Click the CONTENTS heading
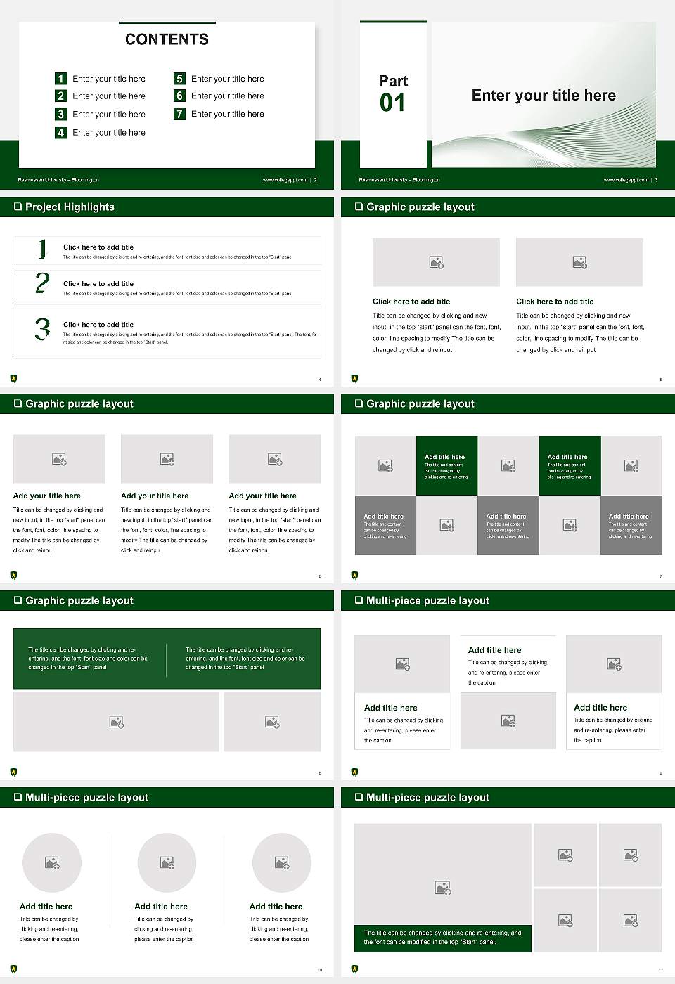point(167,39)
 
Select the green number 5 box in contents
point(179,79)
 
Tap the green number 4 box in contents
point(60,132)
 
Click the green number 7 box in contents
point(179,114)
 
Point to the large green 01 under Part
point(392,103)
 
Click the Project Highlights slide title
point(70,207)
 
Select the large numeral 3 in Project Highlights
point(42,329)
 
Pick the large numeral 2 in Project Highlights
point(42,283)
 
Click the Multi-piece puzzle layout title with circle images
point(86,797)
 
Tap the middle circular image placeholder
point(167,862)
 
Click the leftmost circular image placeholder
point(52,862)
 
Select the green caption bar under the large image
point(442,938)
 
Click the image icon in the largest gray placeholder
point(442,888)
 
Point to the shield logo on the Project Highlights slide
point(13,378)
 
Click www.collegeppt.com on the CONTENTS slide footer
point(285,180)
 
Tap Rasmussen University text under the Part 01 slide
point(399,180)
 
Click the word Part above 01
point(393,81)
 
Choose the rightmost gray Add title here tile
point(631,525)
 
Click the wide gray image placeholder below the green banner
point(117,722)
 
